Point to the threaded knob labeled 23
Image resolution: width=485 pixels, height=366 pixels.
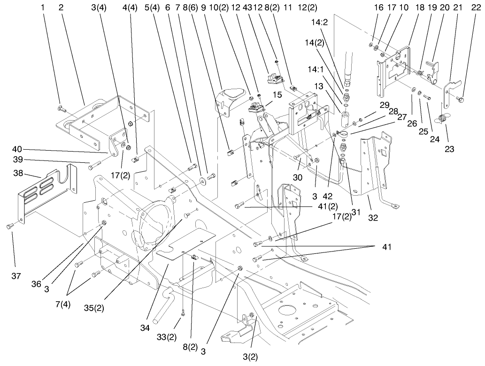443,118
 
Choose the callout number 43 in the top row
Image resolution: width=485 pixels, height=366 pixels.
256,8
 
